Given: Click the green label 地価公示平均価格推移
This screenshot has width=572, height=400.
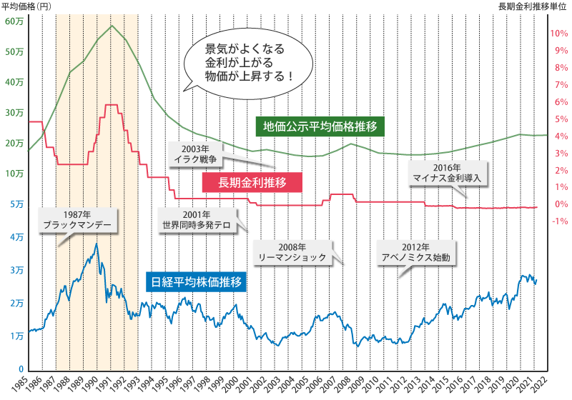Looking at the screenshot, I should [320, 127].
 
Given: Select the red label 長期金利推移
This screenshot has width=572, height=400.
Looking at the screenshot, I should [252, 183].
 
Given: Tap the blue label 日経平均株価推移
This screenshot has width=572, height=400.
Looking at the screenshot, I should [196, 282].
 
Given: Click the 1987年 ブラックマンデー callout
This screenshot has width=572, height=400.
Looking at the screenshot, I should [79, 219].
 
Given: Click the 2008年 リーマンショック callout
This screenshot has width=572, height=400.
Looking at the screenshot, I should [295, 251].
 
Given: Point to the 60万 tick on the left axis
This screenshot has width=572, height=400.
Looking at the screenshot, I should [14, 21].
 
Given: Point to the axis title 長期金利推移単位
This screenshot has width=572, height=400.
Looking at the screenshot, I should [533, 6].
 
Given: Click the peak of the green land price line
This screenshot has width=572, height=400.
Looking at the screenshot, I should [112, 26].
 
